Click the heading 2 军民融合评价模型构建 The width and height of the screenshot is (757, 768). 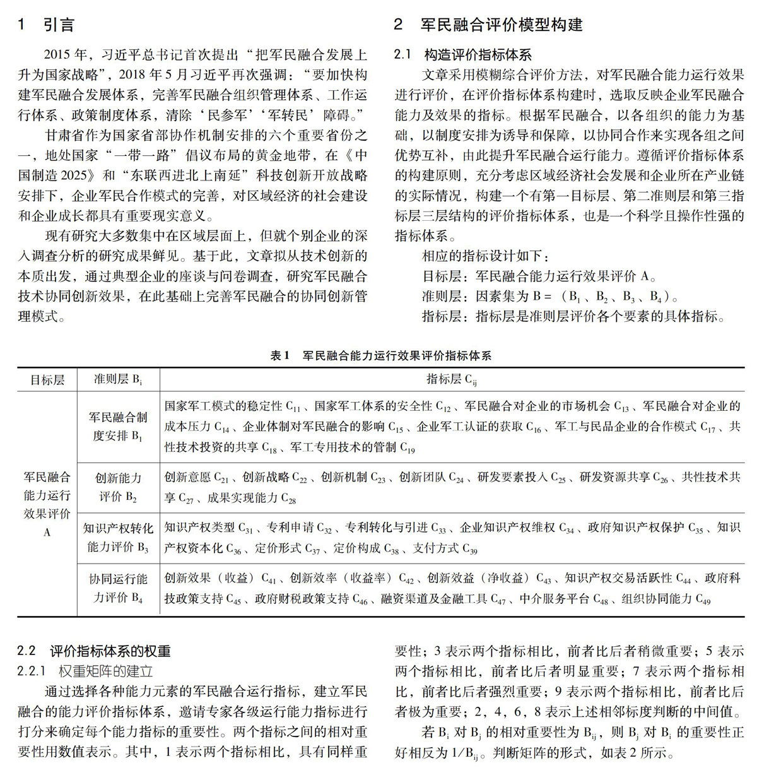488,25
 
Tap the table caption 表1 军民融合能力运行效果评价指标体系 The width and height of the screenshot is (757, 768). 380,355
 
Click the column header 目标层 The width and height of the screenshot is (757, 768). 47,380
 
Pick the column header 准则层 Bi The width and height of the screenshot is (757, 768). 118,379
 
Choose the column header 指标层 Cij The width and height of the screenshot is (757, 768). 452,379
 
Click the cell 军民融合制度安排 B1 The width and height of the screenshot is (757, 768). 118,426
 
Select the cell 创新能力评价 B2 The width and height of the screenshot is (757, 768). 118,487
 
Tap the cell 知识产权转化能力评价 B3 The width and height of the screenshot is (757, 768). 118,537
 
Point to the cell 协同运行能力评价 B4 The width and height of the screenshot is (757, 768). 118,588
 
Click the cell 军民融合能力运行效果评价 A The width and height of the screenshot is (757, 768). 47,504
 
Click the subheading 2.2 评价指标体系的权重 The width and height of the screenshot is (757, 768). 94,651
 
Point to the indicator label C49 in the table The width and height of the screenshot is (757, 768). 702,599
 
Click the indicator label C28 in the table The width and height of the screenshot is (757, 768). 288,499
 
